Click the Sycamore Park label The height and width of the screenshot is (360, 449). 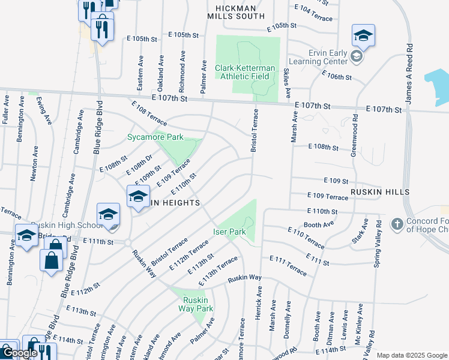(155, 137)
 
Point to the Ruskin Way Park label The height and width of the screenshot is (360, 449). (196, 304)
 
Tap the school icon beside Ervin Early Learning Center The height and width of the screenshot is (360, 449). (357, 56)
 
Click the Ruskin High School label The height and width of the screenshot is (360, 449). (74, 226)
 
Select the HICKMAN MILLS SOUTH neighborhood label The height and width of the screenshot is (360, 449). (236, 13)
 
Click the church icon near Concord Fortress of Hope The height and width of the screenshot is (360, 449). (396, 224)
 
